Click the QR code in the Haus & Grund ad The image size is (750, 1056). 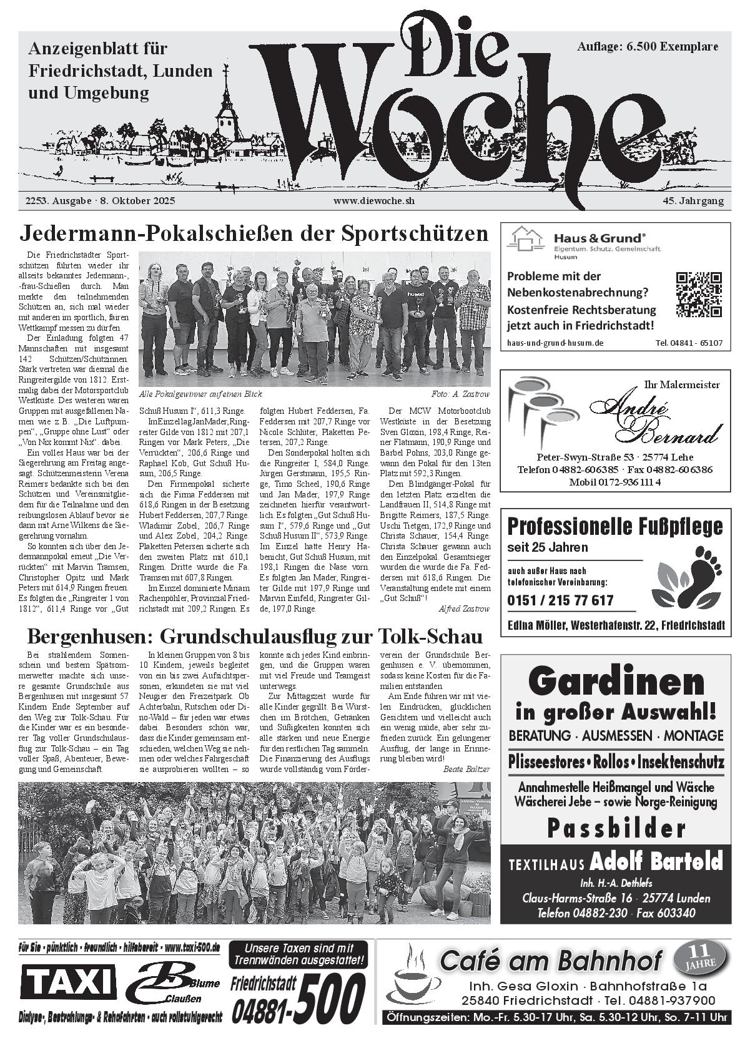click(699, 295)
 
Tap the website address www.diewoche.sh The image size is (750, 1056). click(374, 201)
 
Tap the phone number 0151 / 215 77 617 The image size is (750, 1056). click(560, 600)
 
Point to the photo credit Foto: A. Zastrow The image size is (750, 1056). click(460, 394)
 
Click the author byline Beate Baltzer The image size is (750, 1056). click(466, 769)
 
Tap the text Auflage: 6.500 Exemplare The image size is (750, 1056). click(648, 47)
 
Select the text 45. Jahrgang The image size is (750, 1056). click(693, 201)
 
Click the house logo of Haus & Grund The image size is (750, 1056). click(526, 239)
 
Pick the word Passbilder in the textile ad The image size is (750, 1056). click(616, 828)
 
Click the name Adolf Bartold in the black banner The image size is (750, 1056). click(656, 862)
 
